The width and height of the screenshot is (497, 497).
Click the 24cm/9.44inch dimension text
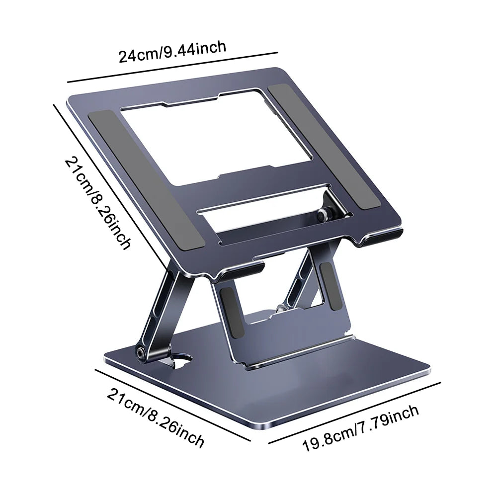[172, 51]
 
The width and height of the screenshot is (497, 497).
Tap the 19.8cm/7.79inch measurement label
[361, 427]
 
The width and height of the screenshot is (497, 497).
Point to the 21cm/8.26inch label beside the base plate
[155, 418]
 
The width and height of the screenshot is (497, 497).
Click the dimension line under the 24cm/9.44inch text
[172, 67]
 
